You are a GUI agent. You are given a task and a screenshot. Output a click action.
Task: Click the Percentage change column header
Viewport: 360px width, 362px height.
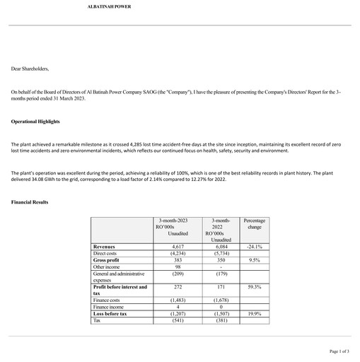click(x=252, y=224)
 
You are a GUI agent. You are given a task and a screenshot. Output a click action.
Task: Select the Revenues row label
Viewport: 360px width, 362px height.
click(x=106, y=247)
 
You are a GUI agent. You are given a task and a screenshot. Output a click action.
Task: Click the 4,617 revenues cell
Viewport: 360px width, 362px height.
click(x=178, y=247)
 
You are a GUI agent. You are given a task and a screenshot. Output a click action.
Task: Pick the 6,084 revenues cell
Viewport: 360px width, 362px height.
click(x=216, y=247)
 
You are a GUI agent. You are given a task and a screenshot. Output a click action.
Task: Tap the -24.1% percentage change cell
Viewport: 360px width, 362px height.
click(x=252, y=247)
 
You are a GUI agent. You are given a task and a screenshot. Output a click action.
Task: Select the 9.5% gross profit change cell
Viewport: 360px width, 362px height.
click(x=252, y=260)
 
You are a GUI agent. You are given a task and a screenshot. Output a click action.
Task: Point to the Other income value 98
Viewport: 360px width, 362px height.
click(x=178, y=267)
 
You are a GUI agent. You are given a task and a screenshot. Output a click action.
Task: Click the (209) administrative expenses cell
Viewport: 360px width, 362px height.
click(x=178, y=274)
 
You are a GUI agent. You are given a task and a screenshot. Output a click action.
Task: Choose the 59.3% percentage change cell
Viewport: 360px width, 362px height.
click(x=252, y=287)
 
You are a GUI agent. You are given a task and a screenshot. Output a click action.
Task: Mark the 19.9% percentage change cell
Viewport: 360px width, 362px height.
click(x=252, y=313)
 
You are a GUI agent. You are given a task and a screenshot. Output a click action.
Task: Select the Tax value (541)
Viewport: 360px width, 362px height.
click(x=178, y=320)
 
